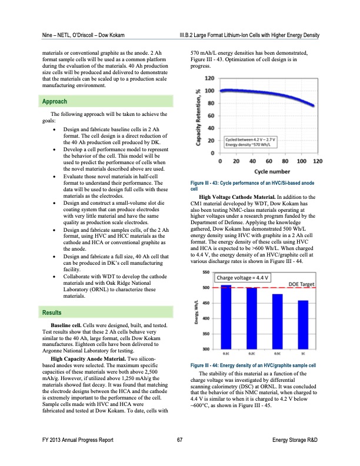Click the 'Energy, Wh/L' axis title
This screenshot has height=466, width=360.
click(196, 312)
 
